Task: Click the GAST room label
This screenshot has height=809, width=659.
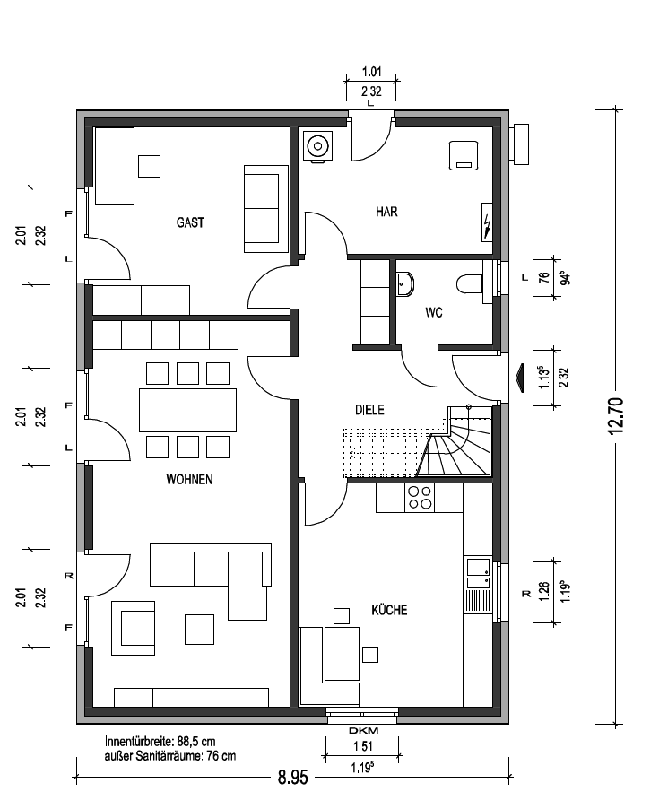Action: tap(190, 222)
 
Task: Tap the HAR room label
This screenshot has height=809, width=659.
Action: tap(386, 212)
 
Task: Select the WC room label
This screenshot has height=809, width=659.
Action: tap(434, 312)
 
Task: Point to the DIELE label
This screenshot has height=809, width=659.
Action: tap(369, 410)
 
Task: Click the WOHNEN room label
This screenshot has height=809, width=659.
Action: tap(189, 479)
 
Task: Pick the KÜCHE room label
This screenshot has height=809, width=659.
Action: tap(389, 610)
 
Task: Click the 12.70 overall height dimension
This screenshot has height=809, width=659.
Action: tap(616, 415)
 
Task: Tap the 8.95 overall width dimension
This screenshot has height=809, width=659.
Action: tap(293, 777)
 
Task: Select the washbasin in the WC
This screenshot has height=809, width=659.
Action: tap(405, 284)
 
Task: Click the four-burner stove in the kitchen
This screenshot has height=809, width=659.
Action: tap(420, 498)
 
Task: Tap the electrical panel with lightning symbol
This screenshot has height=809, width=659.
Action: tap(487, 222)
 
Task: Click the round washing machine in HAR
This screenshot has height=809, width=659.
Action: tap(317, 146)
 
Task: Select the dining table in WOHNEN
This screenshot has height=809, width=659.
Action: tap(187, 410)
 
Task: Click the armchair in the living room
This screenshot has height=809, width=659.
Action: tap(133, 628)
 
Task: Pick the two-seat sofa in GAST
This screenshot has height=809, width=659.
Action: tap(265, 209)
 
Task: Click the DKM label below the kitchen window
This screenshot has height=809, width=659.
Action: tap(363, 730)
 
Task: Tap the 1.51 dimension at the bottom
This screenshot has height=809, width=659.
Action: tap(363, 746)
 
